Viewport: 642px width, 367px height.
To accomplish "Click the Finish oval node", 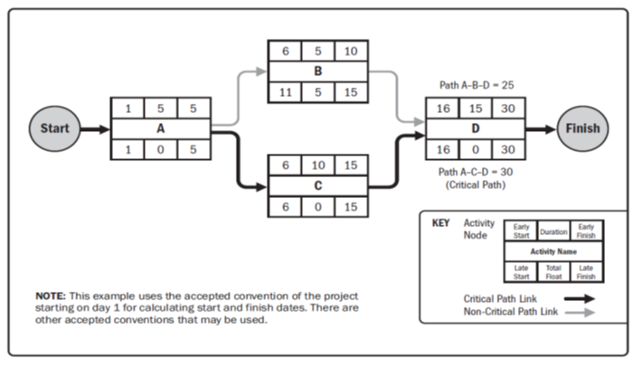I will [583, 128].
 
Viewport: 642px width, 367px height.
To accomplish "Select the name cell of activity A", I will [160, 128].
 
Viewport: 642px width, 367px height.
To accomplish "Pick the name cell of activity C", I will [318, 185].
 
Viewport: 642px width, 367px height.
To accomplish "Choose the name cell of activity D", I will [476, 128].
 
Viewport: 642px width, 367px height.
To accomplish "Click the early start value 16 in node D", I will [442, 108].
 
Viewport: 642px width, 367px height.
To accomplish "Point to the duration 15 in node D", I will [476, 108].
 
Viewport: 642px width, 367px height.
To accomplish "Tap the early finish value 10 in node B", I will [352, 51].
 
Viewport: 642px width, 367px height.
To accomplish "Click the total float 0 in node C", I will [318, 206].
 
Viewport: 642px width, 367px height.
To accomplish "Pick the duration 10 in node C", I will [318, 165].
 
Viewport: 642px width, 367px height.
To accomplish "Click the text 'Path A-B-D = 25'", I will [475, 85].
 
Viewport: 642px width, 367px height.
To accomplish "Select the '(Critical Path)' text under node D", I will [475, 185].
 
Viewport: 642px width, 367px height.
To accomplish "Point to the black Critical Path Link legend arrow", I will [578, 297].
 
